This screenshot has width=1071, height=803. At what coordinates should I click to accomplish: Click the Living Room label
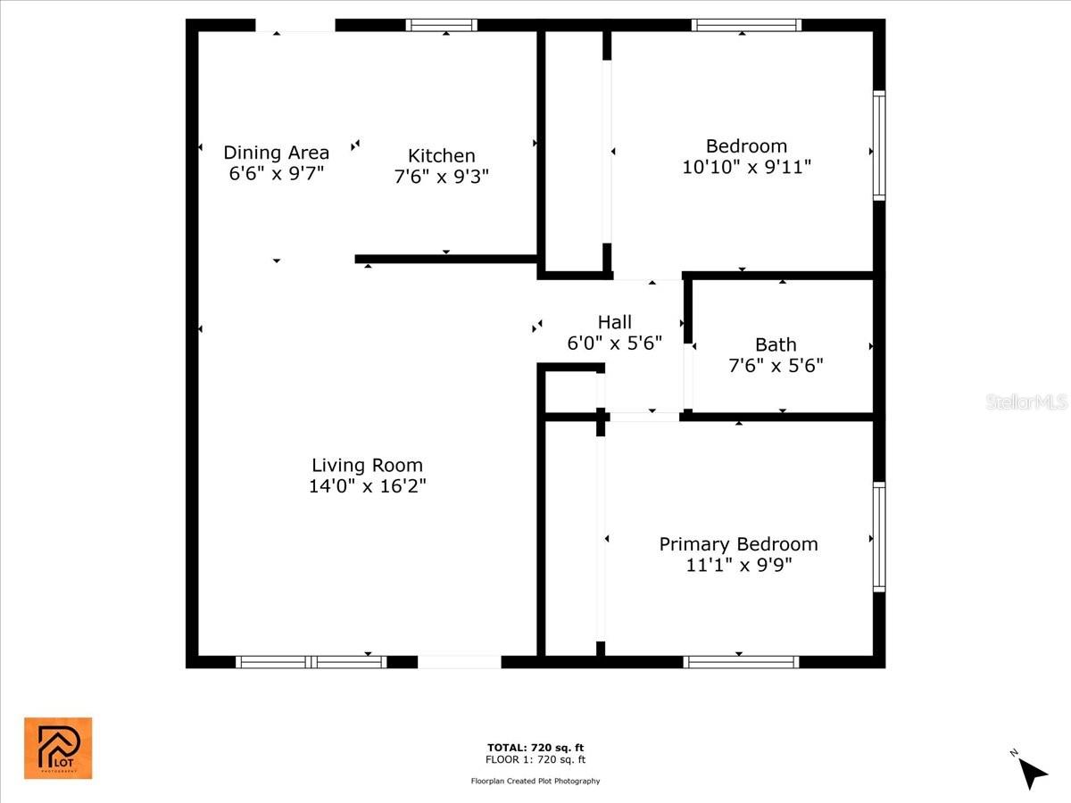[x=367, y=465]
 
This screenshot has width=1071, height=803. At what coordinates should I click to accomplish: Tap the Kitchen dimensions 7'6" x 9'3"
[x=441, y=177]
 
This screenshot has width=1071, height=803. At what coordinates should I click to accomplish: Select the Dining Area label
[x=276, y=153]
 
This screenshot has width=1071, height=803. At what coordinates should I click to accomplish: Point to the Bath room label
[x=776, y=344]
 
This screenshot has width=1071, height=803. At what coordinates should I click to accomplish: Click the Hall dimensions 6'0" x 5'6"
[x=614, y=344]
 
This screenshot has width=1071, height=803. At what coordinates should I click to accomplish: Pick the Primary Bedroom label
[x=738, y=544]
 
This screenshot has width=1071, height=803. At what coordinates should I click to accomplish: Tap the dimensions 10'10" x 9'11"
[x=746, y=167]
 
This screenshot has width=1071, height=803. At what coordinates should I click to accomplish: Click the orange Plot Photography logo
[x=58, y=748]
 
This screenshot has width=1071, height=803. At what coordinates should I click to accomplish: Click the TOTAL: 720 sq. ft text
[x=535, y=748]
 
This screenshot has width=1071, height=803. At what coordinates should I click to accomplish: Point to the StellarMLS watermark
[x=1026, y=401]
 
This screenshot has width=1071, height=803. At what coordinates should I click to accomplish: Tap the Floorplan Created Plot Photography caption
[x=535, y=781]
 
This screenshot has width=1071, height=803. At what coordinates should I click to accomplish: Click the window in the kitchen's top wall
[x=442, y=25]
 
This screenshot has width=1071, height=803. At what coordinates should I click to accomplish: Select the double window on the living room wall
[x=311, y=662]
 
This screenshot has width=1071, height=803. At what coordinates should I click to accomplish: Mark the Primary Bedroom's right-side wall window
[x=879, y=537]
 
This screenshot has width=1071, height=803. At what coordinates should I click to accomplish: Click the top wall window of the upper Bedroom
[x=746, y=25]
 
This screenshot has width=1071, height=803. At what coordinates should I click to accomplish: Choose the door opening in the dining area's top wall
[x=295, y=25]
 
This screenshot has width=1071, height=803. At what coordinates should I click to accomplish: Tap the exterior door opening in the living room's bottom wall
[x=459, y=662]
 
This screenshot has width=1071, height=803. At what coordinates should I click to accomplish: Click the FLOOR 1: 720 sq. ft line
[x=535, y=759]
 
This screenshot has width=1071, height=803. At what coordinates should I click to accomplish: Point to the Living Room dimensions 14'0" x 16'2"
[x=368, y=486]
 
